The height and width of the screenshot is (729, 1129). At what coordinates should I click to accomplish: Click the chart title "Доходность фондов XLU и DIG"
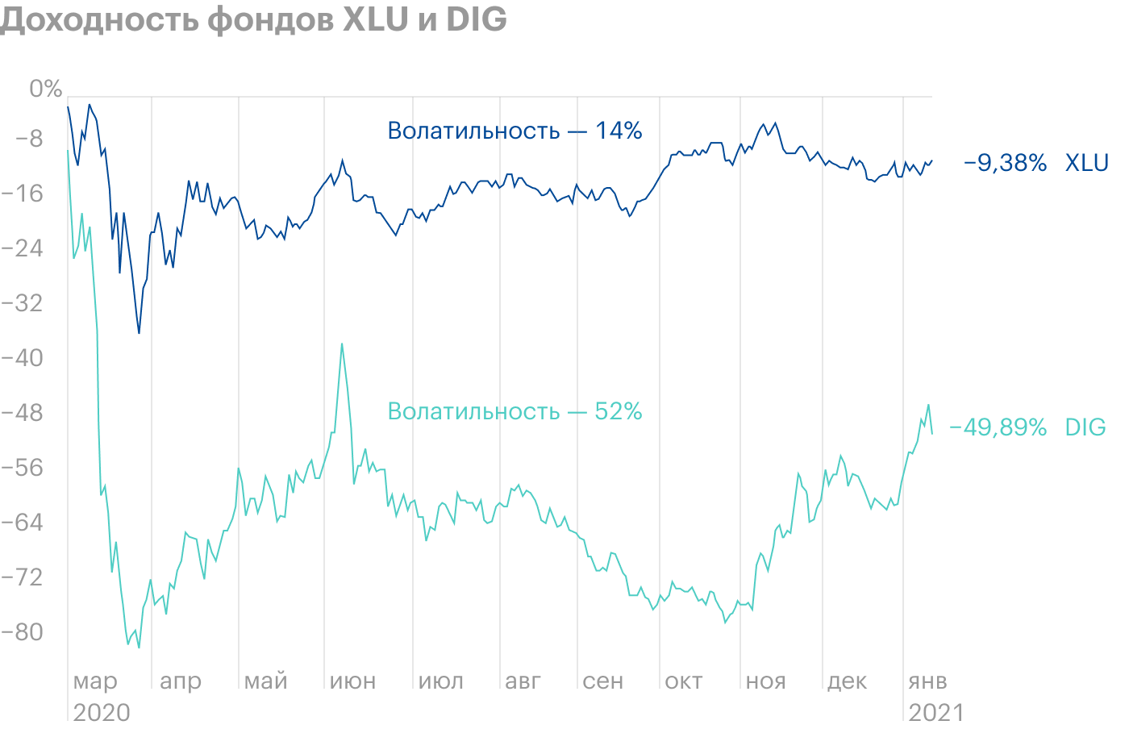pos(253,19)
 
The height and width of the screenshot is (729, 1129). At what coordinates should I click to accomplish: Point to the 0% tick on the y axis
pos(45,89)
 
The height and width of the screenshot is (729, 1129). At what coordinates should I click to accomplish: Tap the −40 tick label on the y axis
pos(24,358)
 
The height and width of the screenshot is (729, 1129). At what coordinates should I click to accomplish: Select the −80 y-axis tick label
pos(24,631)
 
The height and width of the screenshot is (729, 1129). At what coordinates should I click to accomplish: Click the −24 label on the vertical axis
pos(24,248)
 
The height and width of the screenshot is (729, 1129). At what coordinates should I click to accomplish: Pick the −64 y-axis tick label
pos(24,523)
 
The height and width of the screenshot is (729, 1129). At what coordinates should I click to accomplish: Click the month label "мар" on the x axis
pos(95,681)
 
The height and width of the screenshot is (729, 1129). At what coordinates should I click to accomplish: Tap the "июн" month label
pos(353,681)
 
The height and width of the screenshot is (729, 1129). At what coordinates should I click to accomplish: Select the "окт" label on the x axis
pos(684,681)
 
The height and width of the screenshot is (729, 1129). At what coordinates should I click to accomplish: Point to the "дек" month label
pos(847,681)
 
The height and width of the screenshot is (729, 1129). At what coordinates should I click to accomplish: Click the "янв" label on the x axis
pos(927,681)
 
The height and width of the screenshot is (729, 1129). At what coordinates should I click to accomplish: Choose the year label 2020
pos(102,713)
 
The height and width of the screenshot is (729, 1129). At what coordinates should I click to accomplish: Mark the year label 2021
pos(935,713)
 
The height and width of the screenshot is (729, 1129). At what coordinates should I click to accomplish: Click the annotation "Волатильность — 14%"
pos(515,131)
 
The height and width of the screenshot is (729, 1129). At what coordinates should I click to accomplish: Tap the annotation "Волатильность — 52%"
pos(515,411)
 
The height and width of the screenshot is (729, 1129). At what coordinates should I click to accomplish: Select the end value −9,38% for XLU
pos(1005,163)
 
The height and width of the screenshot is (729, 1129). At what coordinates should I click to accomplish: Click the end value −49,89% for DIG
pos(998,427)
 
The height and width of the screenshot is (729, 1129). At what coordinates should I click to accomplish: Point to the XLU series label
pos(1086,163)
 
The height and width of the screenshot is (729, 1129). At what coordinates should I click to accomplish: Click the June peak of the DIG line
pos(342,344)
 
